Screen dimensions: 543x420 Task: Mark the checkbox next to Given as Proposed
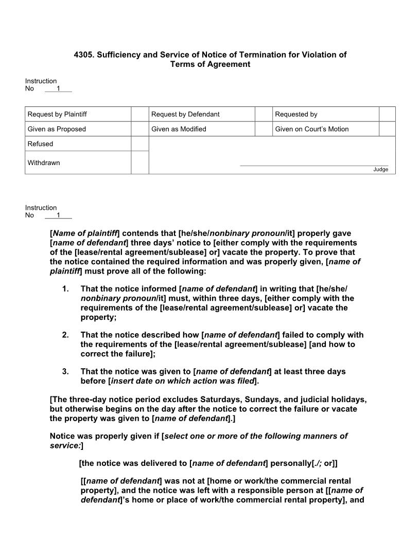(139, 129)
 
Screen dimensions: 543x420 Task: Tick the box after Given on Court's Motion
(387, 129)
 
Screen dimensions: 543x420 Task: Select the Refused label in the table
(40, 144)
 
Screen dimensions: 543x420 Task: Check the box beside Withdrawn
(139, 162)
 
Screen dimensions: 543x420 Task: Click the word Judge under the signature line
(380, 170)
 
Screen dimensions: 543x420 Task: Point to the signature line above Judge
(314, 166)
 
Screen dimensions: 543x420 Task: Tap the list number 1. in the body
(65, 288)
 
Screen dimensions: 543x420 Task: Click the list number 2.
(65, 335)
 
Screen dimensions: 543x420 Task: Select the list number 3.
(65, 371)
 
